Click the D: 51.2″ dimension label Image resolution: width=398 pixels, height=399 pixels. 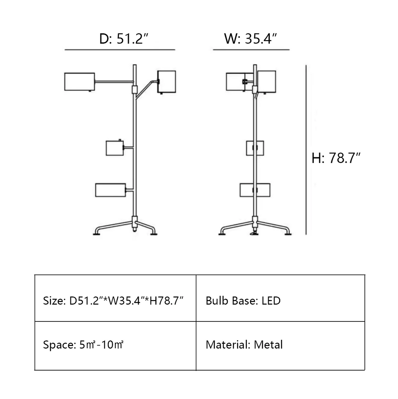(123, 39)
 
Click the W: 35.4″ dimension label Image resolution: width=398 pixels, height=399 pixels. (250, 39)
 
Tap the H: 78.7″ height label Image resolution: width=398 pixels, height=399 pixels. (336, 158)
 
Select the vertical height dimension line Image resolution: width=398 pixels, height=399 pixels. (306, 150)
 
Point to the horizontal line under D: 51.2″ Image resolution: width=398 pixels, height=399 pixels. (120, 49)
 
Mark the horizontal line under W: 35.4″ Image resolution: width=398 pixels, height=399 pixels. (251, 49)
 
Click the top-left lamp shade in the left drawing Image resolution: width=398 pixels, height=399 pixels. (79, 82)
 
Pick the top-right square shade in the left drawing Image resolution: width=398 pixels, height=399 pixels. (167, 82)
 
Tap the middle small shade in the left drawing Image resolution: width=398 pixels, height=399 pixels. (115, 148)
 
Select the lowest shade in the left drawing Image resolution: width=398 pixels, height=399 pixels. (111, 190)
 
